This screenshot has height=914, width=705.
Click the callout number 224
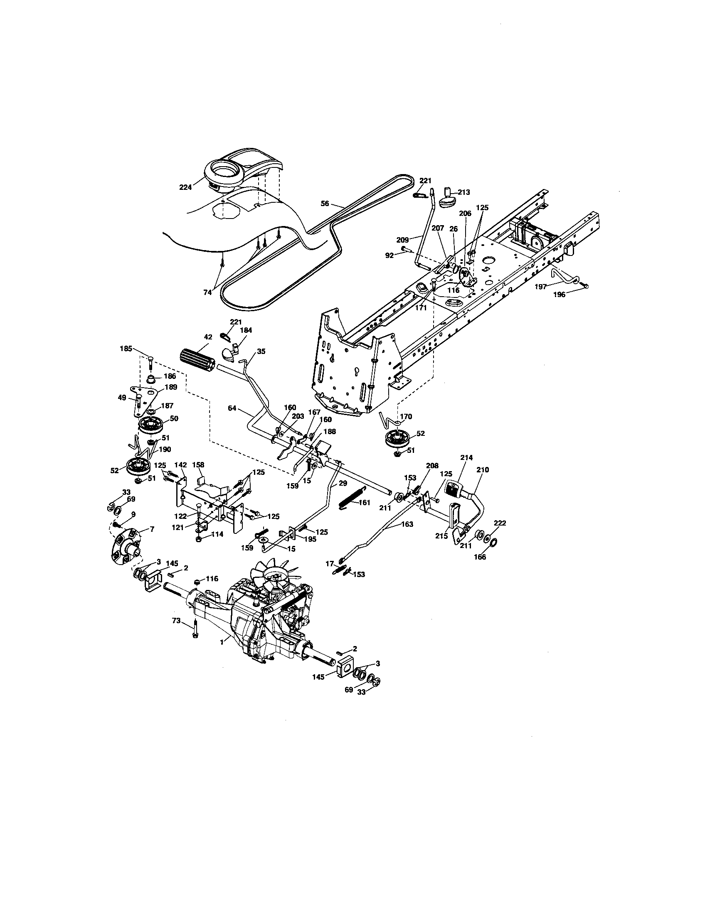[185, 187]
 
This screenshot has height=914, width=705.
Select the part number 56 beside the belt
[325, 204]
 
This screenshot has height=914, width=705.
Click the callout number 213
[463, 192]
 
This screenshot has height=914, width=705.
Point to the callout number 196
[559, 295]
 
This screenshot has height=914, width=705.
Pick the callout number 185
[126, 348]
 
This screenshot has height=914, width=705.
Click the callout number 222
[500, 523]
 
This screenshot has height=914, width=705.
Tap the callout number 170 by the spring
[406, 416]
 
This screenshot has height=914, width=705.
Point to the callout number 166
[480, 557]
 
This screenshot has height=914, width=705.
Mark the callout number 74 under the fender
[208, 292]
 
